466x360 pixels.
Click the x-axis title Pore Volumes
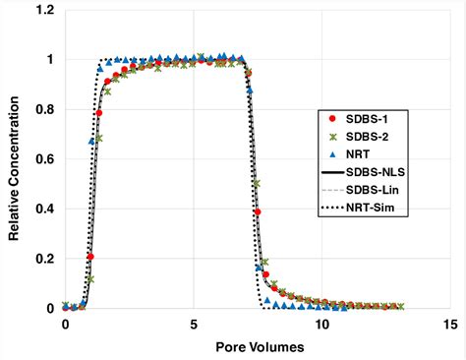257,347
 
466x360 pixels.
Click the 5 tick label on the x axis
194,325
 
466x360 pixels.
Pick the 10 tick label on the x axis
321,325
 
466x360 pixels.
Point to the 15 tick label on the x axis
449,325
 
